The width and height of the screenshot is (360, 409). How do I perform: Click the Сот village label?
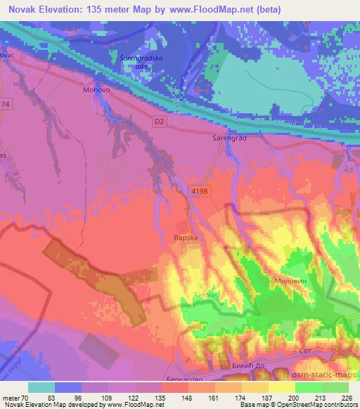[x=304, y=349]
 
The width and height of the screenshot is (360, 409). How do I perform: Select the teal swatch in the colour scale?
[x=41, y=387]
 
